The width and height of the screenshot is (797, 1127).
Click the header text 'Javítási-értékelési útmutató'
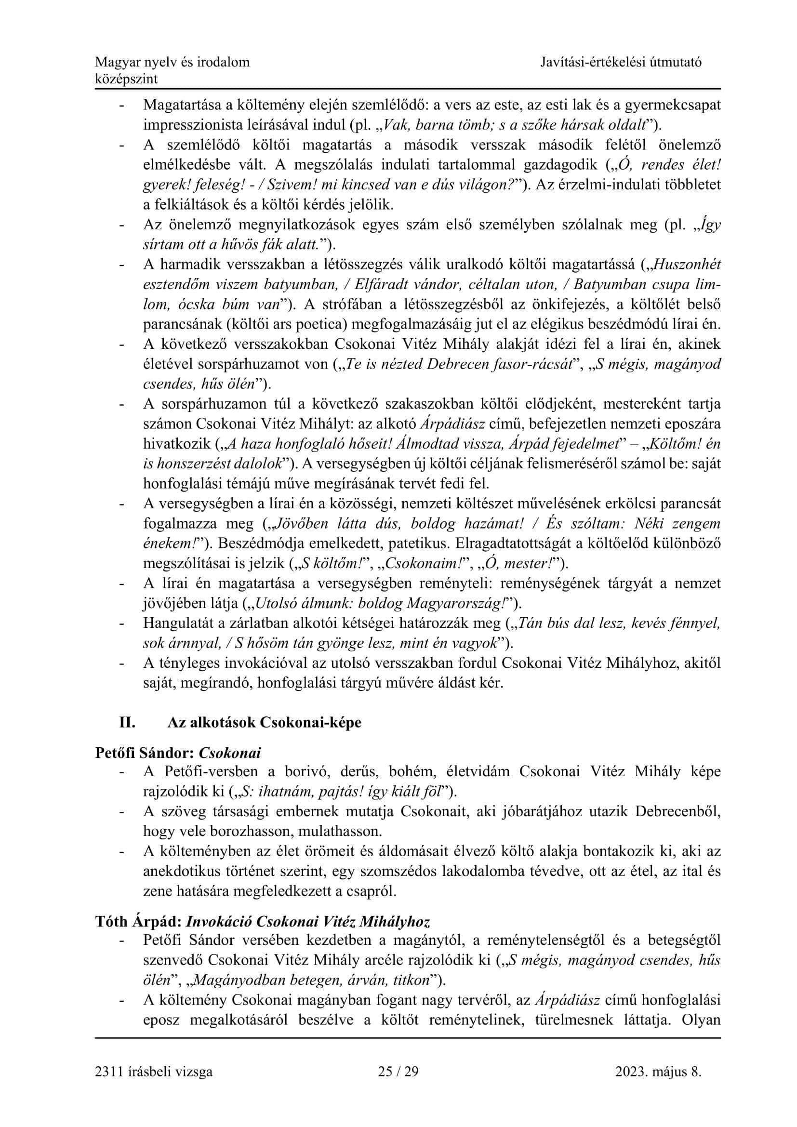[x=621, y=62]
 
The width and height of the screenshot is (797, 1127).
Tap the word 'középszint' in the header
[x=126, y=79]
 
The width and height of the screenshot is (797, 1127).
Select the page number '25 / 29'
[x=398, y=1071]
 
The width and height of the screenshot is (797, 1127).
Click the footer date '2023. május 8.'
[x=658, y=1071]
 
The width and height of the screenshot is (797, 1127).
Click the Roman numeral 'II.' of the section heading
[x=127, y=723]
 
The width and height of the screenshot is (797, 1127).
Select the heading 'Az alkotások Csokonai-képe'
[x=264, y=723]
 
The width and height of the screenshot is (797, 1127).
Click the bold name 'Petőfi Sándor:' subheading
[x=145, y=753]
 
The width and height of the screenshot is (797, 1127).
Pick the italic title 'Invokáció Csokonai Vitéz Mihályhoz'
[x=308, y=922]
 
